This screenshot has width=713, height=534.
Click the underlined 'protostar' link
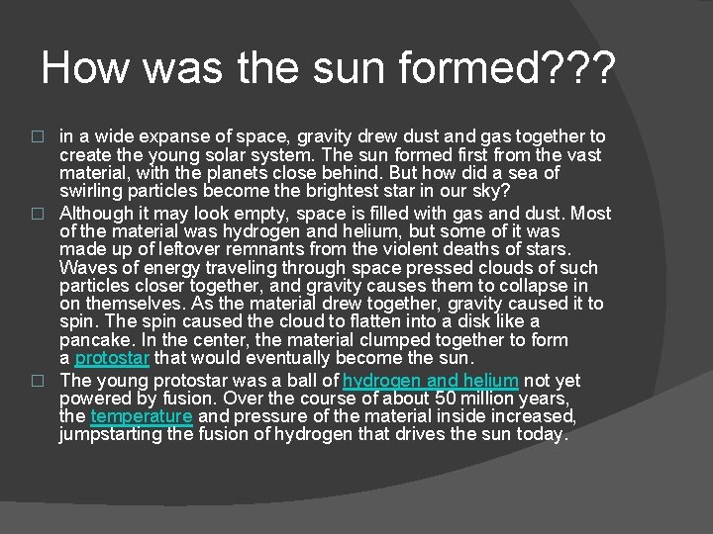click(x=112, y=357)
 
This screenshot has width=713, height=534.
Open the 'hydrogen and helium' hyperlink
click(x=430, y=381)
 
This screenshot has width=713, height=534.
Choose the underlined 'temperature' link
click(x=141, y=416)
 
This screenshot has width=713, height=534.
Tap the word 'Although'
click(x=97, y=214)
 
